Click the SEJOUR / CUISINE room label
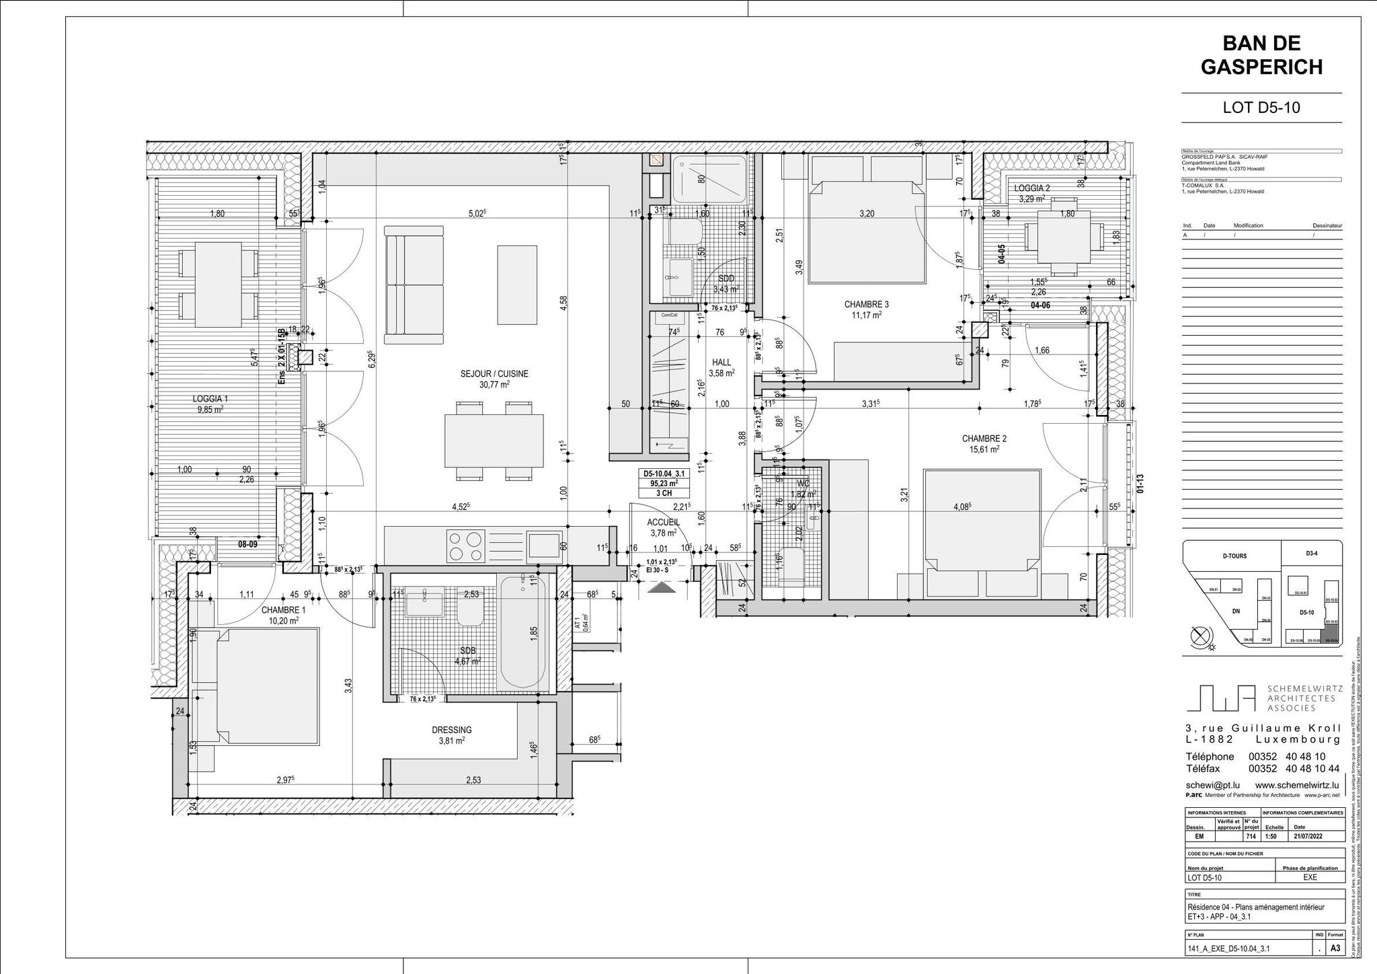(494, 374)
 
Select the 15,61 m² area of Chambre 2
(984, 449)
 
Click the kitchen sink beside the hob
(544, 546)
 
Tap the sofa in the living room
(414, 280)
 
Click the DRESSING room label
(451, 730)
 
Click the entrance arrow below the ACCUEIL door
(660, 588)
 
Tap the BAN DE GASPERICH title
(1261, 55)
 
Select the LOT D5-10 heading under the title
(1261, 108)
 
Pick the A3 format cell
(1335, 949)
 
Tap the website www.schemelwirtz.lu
(1297, 785)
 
